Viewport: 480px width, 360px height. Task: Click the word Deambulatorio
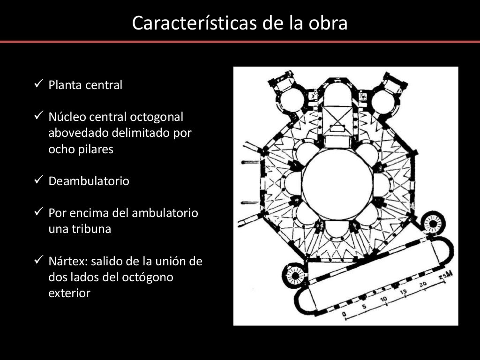pyautogui.click(x=89, y=181)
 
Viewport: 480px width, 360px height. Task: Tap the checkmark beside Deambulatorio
pyautogui.click(x=39, y=181)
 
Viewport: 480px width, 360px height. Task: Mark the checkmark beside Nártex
pyautogui.click(x=39, y=261)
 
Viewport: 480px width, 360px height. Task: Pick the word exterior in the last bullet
pyautogui.click(x=69, y=293)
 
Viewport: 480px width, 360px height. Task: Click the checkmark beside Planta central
pyautogui.click(x=39, y=85)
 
